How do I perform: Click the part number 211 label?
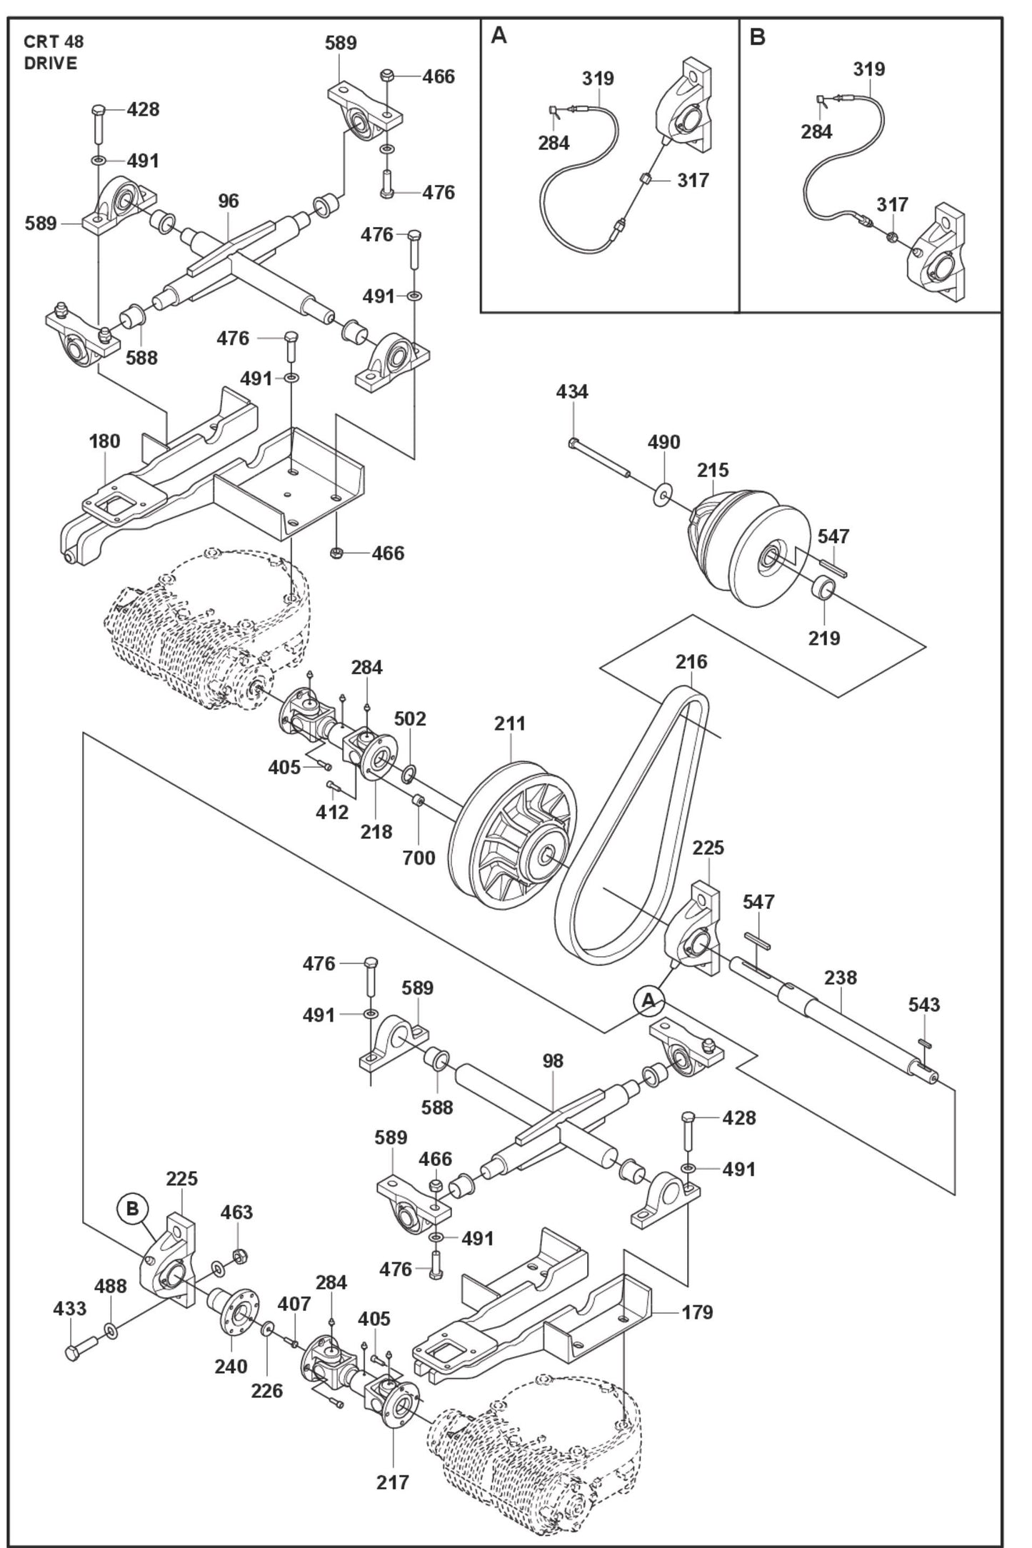click(x=509, y=723)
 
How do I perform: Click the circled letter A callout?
click(x=648, y=1001)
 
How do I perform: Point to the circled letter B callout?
click(x=133, y=1209)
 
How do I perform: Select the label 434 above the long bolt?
click(x=572, y=391)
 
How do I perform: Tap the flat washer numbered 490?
click(x=663, y=494)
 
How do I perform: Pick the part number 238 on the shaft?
click(x=840, y=977)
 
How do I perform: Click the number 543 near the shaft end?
click(x=924, y=1005)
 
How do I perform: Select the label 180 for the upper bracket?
click(x=104, y=441)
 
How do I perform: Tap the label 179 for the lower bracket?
click(x=697, y=1312)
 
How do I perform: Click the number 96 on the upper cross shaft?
click(x=228, y=201)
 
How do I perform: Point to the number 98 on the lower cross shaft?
click(x=553, y=1061)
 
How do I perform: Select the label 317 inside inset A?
click(x=693, y=180)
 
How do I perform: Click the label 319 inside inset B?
click(x=868, y=69)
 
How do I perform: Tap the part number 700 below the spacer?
click(x=419, y=858)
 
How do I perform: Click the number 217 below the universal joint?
click(x=393, y=1482)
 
